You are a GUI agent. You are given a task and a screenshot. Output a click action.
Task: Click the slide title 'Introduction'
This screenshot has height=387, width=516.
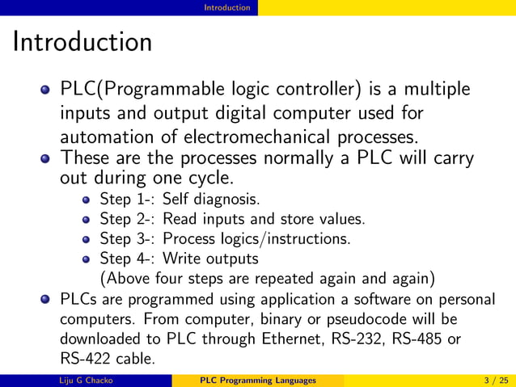click(x=82, y=41)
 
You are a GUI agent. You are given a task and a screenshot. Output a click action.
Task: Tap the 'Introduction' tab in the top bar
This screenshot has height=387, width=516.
click(x=226, y=7)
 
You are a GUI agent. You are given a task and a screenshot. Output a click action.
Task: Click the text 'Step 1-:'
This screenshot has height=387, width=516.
click(x=128, y=199)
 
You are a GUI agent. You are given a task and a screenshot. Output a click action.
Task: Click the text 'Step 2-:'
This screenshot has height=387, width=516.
click(x=128, y=219)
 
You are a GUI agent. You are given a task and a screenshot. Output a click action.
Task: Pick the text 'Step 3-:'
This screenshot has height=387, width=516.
click(x=128, y=238)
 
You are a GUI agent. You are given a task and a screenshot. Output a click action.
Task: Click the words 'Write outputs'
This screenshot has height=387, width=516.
click(x=210, y=259)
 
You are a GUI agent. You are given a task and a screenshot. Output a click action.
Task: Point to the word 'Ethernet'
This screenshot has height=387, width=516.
click(x=296, y=339)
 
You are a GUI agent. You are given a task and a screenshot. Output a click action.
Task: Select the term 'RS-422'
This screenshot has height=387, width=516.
click(x=83, y=359)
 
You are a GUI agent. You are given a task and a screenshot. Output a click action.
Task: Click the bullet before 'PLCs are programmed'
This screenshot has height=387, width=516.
click(x=46, y=301)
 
